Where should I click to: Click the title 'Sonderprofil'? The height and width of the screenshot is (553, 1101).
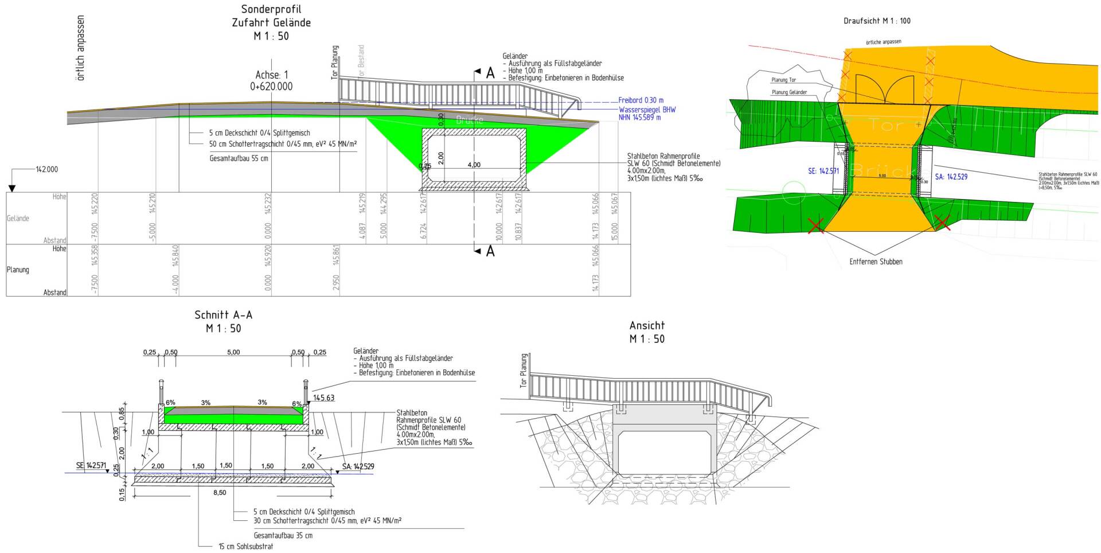[x=271, y=9]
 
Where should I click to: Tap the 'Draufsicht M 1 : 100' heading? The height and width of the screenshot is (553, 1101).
[x=877, y=21]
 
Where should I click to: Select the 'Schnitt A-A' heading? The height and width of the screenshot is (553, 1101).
[x=223, y=315]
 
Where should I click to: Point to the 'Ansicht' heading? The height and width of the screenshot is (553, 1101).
[x=647, y=325]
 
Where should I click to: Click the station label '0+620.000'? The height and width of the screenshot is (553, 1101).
[x=271, y=87]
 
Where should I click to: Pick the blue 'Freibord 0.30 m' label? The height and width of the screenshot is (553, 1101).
[x=641, y=100]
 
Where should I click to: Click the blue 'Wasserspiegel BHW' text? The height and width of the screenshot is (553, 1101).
[x=647, y=110]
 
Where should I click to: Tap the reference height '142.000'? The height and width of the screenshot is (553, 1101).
[x=46, y=170]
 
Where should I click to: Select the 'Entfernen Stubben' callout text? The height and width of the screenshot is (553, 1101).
[x=876, y=262]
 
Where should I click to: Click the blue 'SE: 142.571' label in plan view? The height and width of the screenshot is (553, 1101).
[x=823, y=171]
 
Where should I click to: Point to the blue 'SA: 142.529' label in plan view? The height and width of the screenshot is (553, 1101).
[x=951, y=177]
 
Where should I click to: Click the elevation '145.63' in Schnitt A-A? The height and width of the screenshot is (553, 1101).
[x=323, y=398]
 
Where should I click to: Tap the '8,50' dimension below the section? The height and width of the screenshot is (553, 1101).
[x=219, y=493]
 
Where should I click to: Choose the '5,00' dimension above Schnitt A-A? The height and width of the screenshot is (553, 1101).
[x=233, y=352]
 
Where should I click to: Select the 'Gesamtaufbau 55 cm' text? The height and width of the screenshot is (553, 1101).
[x=239, y=158]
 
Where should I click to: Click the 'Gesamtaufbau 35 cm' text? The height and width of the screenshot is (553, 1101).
[x=283, y=536]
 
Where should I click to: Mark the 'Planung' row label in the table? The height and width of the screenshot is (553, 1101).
[x=18, y=270]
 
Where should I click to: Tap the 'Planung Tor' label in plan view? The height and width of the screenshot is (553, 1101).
[x=783, y=80]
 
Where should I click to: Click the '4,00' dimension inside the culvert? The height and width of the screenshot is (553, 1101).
[x=474, y=165]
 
